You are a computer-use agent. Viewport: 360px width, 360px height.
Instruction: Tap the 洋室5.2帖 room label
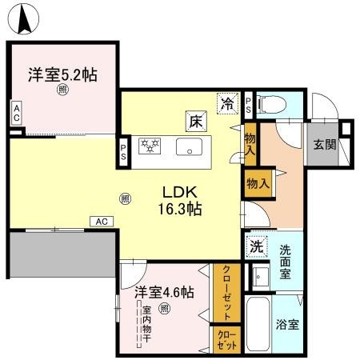(x=63, y=75)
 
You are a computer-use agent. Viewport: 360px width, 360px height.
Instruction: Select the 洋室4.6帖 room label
(x=164, y=292)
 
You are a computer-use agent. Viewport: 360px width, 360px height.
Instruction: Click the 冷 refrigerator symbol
(x=228, y=102)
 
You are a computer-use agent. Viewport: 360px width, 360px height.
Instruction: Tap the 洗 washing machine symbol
(x=257, y=246)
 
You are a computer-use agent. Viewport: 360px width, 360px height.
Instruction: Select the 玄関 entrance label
(x=324, y=146)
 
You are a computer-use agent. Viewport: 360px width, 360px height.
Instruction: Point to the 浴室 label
(x=288, y=326)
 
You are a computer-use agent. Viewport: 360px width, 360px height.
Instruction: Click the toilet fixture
(x=270, y=102)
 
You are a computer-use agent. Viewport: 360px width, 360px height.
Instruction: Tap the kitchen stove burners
(x=150, y=146)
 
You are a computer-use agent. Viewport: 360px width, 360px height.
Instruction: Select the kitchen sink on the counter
(x=189, y=147)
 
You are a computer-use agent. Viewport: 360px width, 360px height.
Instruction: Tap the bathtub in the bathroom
(x=259, y=326)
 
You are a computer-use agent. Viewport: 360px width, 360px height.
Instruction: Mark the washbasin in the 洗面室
(x=260, y=277)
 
